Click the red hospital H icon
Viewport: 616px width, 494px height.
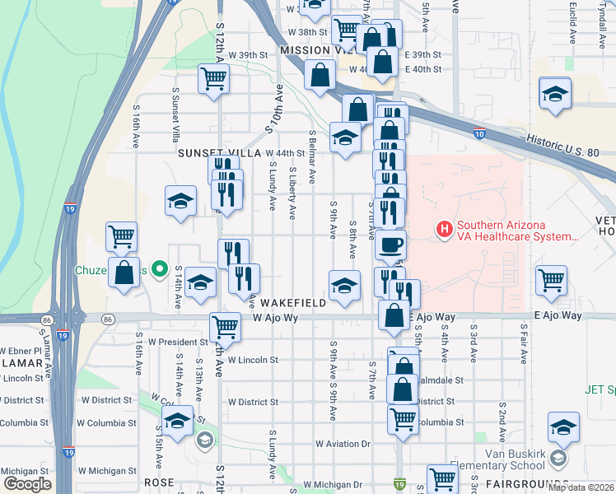445,228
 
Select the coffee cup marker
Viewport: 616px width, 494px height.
390,245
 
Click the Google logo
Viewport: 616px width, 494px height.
26,484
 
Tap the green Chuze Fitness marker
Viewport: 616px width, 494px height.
162,269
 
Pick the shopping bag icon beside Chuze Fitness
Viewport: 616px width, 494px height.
124,275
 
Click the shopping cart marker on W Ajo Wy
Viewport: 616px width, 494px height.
224,326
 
